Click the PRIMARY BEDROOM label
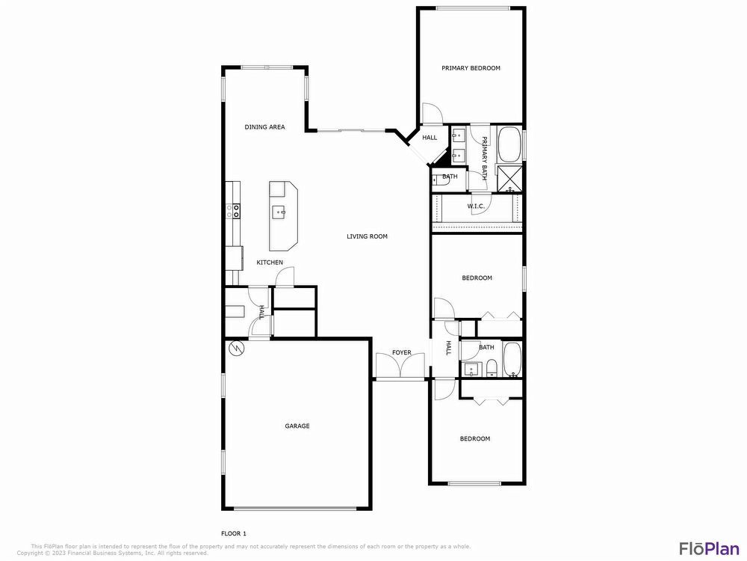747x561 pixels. (x=471, y=68)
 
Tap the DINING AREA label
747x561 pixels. (x=265, y=127)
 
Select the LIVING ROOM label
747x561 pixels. (x=367, y=236)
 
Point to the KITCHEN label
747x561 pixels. (x=270, y=263)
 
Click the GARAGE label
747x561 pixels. (x=297, y=426)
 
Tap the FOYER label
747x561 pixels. (x=402, y=353)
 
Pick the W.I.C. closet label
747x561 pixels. (x=477, y=206)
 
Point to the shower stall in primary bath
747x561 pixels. (x=510, y=179)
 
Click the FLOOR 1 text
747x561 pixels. (x=234, y=533)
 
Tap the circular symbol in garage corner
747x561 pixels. (x=236, y=349)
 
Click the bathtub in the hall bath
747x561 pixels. (x=513, y=360)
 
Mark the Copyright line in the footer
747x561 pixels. (x=112, y=553)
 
